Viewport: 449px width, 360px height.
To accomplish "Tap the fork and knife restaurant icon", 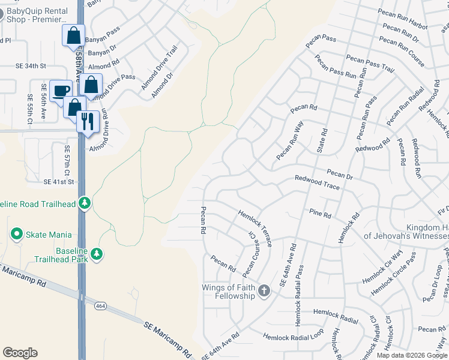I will [x=88, y=121].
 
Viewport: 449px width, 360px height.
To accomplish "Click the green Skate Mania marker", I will [x=16, y=234].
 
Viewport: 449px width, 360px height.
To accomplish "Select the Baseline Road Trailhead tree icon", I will [x=85, y=203].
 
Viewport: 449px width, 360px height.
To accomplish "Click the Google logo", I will [x=20, y=353].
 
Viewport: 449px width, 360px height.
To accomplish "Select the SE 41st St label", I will [x=59, y=181].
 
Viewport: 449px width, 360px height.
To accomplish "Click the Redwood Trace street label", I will [x=317, y=182].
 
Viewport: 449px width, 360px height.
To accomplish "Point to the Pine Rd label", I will [x=320, y=214].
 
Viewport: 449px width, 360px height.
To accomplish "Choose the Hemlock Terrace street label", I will [x=255, y=228].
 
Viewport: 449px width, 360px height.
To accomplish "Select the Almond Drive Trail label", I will [x=160, y=68].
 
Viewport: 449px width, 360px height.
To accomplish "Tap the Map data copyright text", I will [x=412, y=355].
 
